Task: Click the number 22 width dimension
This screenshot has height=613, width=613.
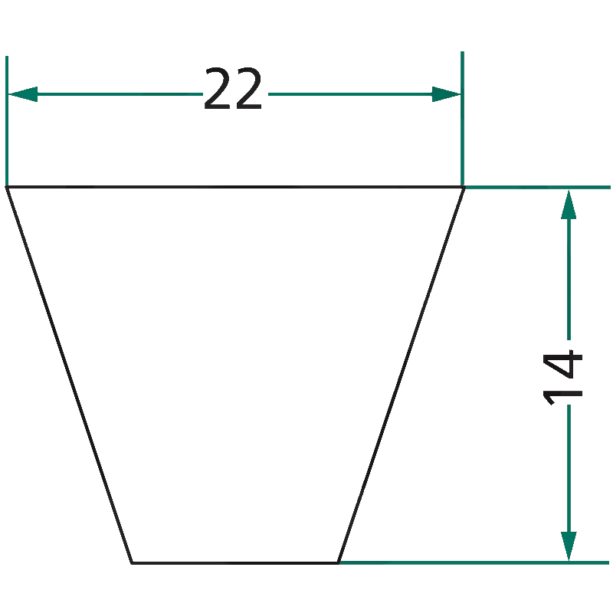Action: coord(233,88)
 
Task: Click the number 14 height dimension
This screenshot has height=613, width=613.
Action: coord(562,378)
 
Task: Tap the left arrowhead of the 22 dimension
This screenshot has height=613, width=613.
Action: coord(23,94)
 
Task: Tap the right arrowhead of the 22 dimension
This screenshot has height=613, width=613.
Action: coord(446,94)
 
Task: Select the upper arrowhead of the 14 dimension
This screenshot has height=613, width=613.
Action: coord(569,205)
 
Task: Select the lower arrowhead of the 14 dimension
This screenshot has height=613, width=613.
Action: coord(569,546)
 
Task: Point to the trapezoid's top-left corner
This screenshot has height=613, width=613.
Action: coord(7,187)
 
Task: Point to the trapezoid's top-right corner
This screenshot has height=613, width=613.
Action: coord(464,187)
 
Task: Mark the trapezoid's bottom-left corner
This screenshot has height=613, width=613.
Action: coord(131,563)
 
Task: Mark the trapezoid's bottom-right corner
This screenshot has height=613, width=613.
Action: coord(338,563)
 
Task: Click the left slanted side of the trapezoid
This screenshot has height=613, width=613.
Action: coord(69,375)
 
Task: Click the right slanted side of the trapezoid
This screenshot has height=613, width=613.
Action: coord(401,375)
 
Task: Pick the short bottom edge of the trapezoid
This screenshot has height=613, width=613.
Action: coord(234,563)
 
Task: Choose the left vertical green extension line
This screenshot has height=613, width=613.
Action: coord(7,121)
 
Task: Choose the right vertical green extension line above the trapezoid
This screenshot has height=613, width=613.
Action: coord(462,119)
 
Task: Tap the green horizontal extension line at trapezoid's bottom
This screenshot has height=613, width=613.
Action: coord(474,563)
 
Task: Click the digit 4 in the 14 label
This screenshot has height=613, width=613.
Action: coord(562,363)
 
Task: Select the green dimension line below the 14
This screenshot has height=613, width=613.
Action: coord(569,468)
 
